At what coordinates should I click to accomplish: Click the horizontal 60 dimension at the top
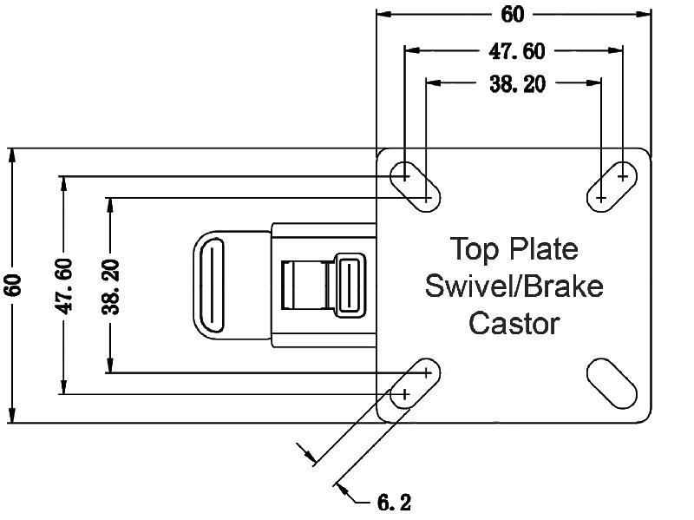514,14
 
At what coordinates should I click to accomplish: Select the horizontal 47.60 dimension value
517,51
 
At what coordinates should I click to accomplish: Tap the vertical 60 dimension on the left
12,286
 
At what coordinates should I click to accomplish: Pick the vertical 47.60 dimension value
63,286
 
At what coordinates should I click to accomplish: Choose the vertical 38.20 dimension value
110,286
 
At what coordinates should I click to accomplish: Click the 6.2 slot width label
394,502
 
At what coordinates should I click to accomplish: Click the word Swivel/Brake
514,286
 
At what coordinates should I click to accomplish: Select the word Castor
514,323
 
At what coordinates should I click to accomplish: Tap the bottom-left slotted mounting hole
416,384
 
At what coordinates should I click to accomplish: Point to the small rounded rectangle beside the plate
350,285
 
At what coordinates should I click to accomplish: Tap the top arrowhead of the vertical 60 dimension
12,155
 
